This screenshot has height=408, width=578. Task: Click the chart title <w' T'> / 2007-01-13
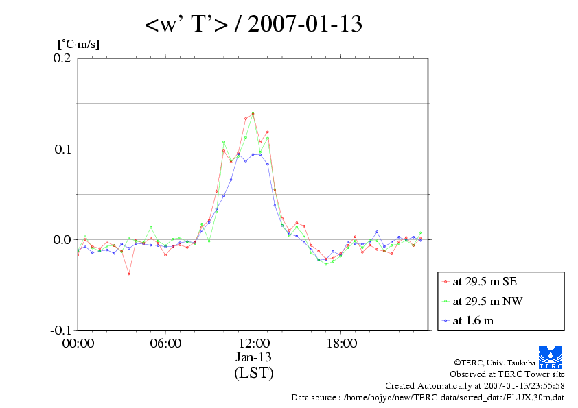[253, 25]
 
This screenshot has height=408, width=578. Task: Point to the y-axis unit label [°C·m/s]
[79, 45]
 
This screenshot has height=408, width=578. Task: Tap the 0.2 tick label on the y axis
[62, 58]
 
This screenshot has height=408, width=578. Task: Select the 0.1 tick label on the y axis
[62, 149]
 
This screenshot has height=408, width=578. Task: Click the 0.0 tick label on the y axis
[62, 239]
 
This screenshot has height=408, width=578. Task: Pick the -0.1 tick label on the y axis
[60, 330]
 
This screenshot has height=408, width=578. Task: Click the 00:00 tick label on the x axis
[78, 343]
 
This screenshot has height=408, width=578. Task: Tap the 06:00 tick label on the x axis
[165, 343]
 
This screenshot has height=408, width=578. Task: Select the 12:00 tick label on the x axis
[253, 343]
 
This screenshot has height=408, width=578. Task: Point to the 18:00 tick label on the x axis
[341, 343]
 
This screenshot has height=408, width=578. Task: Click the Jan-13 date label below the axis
[253, 357]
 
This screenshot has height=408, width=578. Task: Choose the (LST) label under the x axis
[253, 373]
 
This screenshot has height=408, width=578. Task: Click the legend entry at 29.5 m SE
[484, 281]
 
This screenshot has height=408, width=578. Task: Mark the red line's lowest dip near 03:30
[129, 274]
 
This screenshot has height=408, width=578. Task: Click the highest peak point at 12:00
[253, 113]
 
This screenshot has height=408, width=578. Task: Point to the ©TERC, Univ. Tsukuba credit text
[509, 363]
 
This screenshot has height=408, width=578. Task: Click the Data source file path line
[428, 397]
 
